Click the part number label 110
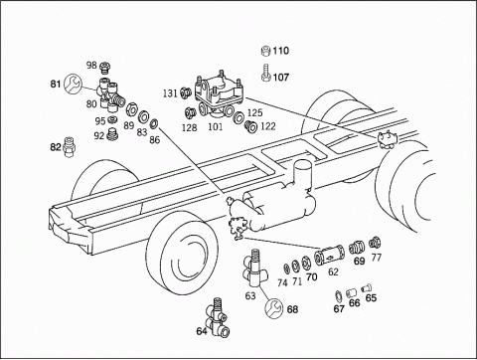pos(281,51)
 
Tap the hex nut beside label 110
pos(266,51)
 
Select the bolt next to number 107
pos(265,73)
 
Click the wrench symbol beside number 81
pos(72,85)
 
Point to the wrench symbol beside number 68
pos(274,307)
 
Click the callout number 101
pos(216,126)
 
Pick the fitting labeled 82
pos(69,147)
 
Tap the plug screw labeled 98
pos(105,68)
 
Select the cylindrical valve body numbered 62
pos(329,256)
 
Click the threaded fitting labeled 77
pos(375,243)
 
